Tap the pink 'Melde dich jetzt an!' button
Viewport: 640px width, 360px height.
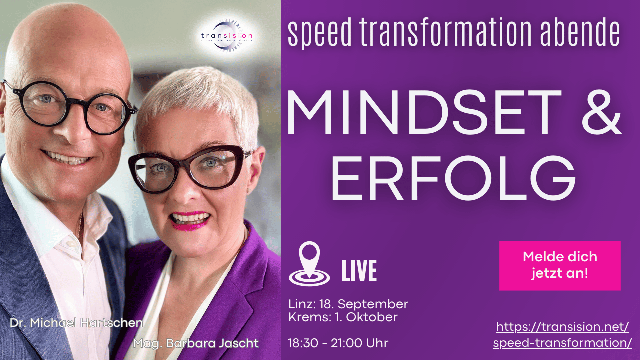tap(560, 265)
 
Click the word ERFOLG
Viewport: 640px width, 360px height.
tap(453, 178)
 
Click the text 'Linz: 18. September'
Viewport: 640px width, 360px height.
tap(348, 304)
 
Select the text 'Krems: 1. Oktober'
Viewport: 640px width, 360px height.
tap(343, 317)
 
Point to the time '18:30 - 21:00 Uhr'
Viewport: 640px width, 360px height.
tap(338, 343)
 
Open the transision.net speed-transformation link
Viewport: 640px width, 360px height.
tap(562, 335)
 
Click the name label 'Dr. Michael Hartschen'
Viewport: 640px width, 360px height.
tap(76, 323)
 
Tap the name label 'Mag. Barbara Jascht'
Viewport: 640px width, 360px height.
tap(196, 344)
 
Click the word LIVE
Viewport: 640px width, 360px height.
tap(359, 270)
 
